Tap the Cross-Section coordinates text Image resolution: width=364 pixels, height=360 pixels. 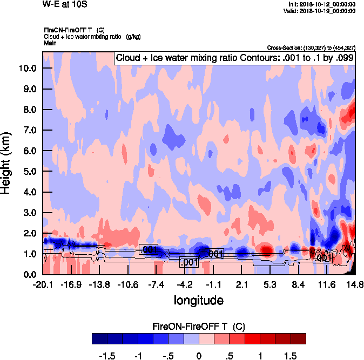311,48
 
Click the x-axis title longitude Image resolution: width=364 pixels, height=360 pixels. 198,300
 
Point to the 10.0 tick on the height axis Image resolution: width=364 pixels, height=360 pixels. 28,69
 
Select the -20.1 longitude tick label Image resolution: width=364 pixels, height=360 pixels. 42,284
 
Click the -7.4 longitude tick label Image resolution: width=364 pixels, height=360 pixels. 156,284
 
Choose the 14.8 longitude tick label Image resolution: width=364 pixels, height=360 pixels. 354,284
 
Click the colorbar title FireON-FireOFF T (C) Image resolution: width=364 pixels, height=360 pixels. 199,327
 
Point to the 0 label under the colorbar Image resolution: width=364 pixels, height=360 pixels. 199,356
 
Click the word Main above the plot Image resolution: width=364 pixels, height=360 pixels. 50,42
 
